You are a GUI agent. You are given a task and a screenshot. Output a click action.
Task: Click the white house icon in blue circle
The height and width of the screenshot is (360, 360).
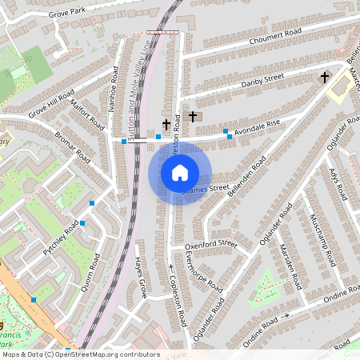coord(180,173)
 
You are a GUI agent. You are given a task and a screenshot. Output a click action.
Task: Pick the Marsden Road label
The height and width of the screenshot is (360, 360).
coord(289,269)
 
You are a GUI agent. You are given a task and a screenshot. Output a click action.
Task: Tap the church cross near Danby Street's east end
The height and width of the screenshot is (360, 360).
coord(325,78)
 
